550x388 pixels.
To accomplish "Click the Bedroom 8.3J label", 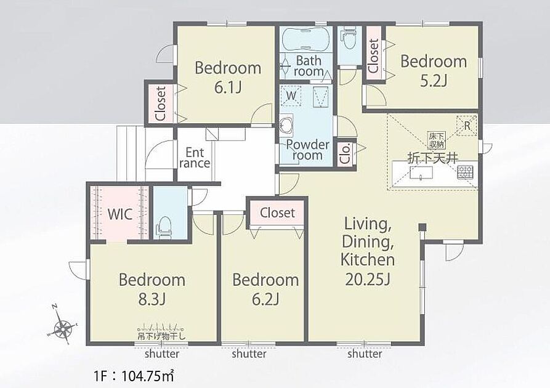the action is pos(152,289).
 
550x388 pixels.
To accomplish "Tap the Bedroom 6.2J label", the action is pos(265,289).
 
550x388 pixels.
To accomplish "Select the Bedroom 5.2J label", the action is pos(434,71).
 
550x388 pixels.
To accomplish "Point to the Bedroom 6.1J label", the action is pos(228,77).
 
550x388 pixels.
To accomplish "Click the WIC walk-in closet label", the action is pos(120,214).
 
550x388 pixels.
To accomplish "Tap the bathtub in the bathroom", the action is pos(305,39).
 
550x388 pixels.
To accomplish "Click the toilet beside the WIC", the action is pos(165,227).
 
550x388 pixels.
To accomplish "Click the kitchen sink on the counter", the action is pos(421,173).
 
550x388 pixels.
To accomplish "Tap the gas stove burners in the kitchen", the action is pos(465,172).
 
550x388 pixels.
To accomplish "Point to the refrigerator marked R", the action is pos(466,126).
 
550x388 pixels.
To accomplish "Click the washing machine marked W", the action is pos(291,95).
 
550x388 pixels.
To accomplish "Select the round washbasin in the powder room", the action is pos(286,124).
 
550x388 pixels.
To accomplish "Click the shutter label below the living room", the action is pos(365,354).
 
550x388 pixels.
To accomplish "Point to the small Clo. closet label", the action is pos(346,153).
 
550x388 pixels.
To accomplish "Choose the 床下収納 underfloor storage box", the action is pos(436,140).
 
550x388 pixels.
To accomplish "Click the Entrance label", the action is pos(195,158).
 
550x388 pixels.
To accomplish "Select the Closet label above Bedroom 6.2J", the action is pos(277,212).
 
